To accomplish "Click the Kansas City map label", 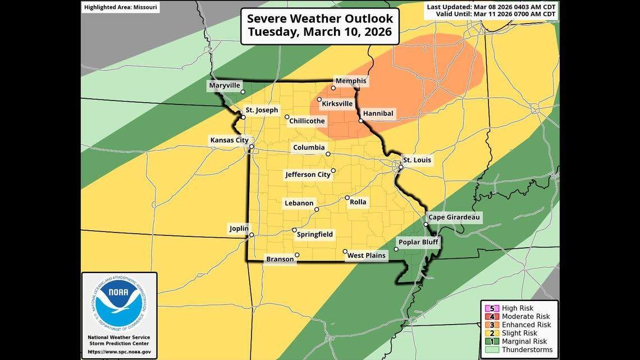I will pos(228,140).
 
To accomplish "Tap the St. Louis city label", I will pos(417,160).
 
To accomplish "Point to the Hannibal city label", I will pos(378,113).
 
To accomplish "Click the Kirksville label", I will pos(337,104).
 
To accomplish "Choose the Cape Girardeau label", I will pos(454,217).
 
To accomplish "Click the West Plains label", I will pos(367,256).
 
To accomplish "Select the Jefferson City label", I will pos(308,175).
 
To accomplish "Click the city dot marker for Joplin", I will pos(252,235).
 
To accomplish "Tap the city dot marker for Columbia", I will pos(328,154).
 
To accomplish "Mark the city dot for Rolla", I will pos(346,199).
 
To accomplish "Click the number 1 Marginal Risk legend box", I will pos(487,341).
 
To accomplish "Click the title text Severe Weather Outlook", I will pos(320,18).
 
